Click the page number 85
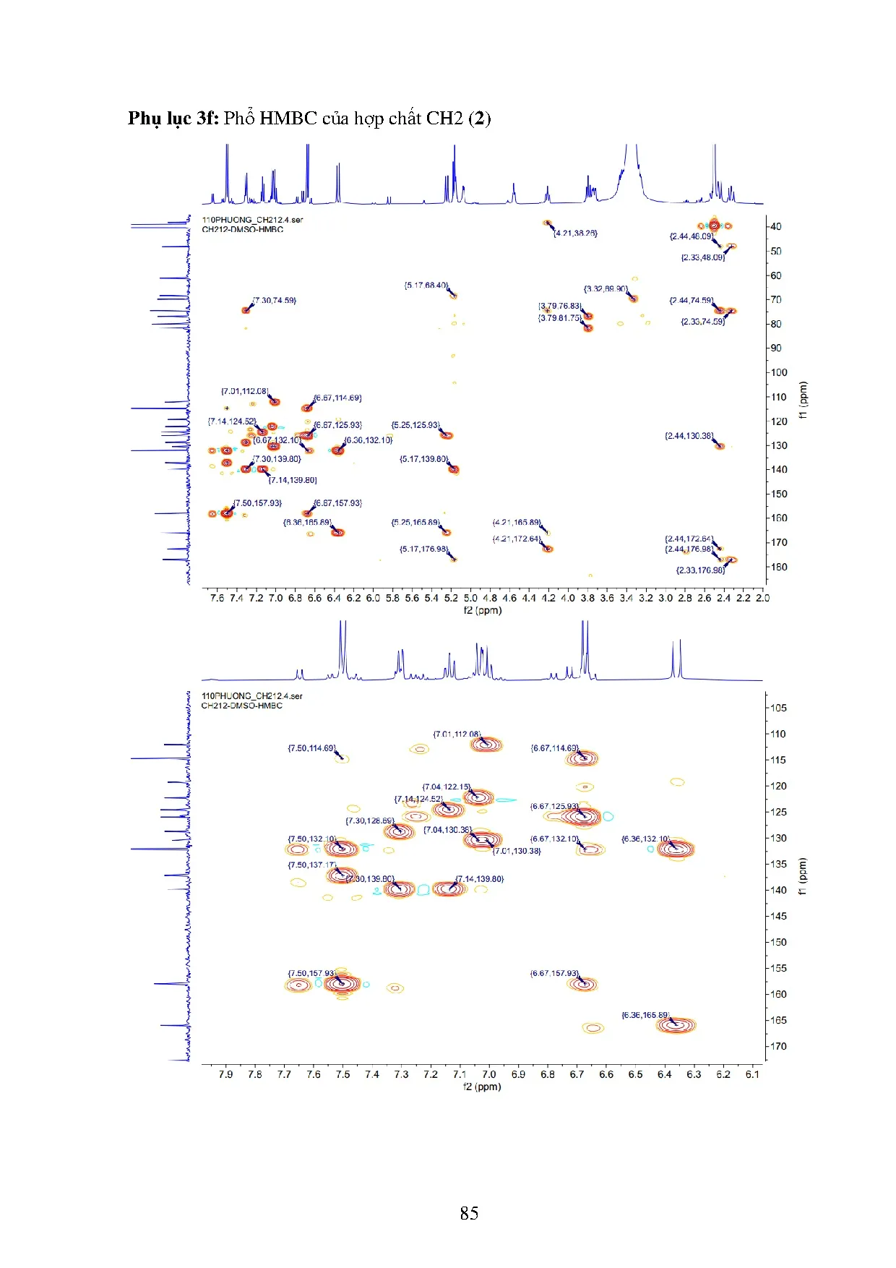469,1212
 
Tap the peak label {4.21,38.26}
576,234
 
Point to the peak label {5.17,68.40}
426,286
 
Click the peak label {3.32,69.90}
606,289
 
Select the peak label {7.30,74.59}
275,300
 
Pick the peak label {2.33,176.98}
700,570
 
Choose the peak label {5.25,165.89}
415,522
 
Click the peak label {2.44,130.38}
689,436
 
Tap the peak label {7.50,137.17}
312,865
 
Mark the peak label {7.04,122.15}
447,787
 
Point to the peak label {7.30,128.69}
370,821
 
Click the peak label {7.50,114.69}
312,748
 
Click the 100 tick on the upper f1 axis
778,372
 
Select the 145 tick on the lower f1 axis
778,916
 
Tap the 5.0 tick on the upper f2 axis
470,598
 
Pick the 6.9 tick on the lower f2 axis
518,1074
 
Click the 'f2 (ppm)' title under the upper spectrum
482,610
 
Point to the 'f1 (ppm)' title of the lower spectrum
803,876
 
